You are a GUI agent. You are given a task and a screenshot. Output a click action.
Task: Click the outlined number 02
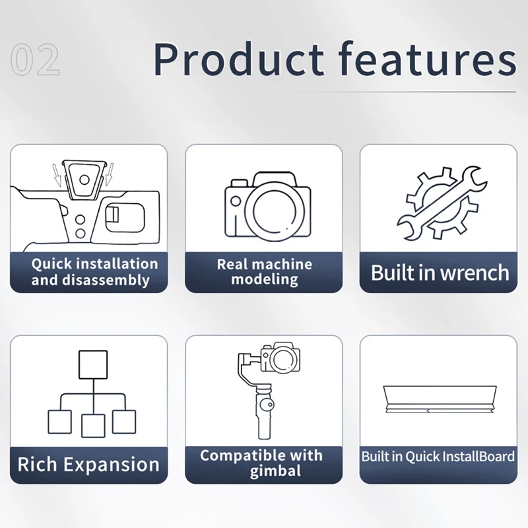click(x=35, y=59)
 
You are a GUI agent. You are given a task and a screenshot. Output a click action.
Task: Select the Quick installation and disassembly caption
click(x=94, y=272)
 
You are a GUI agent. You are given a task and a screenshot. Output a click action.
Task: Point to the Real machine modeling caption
click(x=265, y=272)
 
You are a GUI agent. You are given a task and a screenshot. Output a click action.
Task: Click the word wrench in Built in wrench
click(x=475, y=273)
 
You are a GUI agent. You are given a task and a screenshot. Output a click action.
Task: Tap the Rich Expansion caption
click(x=88, y=465)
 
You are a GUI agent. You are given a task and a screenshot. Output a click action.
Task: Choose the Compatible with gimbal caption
click(x=261, y=463)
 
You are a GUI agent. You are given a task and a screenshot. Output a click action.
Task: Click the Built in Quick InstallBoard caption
click(x=438, y=457)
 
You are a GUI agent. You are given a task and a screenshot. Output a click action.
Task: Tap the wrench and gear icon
click(x=442, y=203)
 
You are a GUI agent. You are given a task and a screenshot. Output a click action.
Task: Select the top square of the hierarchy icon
click(x=93, y=365)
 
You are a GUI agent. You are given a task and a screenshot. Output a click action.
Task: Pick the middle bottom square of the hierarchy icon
click(x=93, y=426)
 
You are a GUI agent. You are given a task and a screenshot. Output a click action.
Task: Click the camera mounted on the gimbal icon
click(x=281, y=357)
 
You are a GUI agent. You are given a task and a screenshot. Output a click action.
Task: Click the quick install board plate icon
click(x=440, y=399)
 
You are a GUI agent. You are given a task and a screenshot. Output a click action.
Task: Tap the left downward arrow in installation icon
click(x=57, y=174)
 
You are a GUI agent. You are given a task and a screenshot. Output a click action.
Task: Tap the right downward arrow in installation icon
click(x=110, y=174)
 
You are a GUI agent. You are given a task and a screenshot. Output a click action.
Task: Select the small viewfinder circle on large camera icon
click(x=236, y=201)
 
